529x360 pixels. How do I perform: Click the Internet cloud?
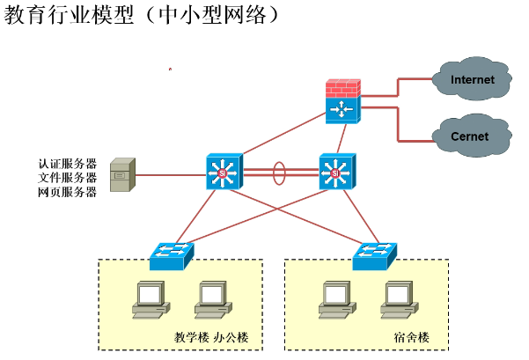tap(472, 80)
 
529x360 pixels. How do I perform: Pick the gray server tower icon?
tap(121, 175)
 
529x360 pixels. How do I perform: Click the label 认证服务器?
tap(67, 163)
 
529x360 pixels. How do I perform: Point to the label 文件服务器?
tap(67, 177)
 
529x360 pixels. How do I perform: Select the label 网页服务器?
tap(67, 192)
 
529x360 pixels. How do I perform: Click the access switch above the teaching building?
tap(171, 255)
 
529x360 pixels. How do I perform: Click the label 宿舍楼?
tap(411, 337)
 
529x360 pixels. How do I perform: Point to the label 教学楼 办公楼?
tap(212, 337)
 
